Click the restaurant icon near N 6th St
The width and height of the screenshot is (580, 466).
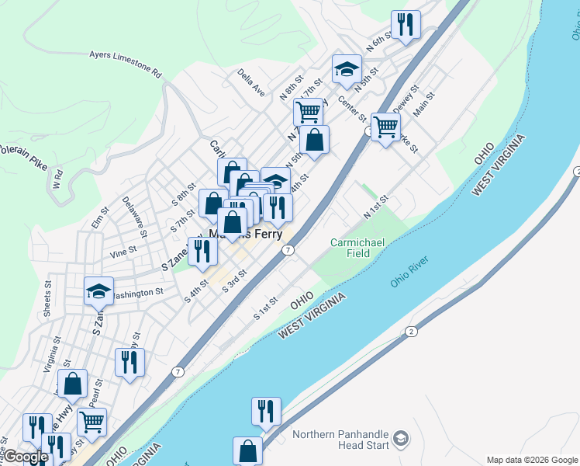(x=406, y=25)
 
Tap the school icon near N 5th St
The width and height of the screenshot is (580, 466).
(x=347, y=71)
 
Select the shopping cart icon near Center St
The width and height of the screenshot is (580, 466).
(x=385, y=127)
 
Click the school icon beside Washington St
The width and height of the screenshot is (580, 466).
(x=98, y=290)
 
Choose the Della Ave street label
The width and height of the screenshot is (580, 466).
(x=252, y=84)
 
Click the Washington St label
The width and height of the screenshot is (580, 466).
(x=137, y=294)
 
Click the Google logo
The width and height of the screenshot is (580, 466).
(x=26, y=457)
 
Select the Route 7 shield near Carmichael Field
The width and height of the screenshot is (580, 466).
(x=288, y=250)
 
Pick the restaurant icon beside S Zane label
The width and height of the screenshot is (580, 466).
(x=202, y=252)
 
